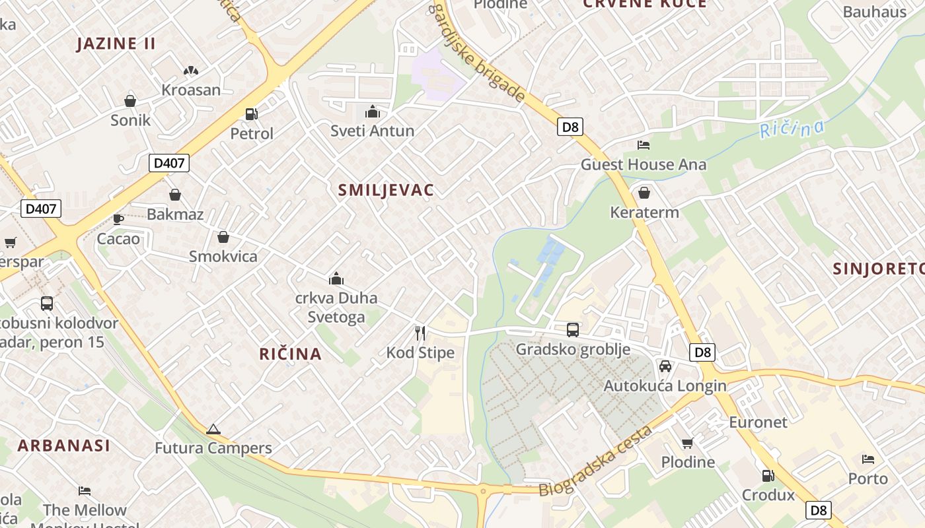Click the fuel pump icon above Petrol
pos(251,114)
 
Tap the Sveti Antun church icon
pos(373,111)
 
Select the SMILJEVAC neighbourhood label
pos(386,190)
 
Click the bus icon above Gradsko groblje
pos(573,330)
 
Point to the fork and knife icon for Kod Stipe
pos(420,333)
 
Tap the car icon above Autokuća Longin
pos(665,366)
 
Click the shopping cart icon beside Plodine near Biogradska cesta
pos(688,442)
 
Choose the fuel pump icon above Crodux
pos(768,475)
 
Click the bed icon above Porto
pos(868,459)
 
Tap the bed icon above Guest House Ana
pos(644,145)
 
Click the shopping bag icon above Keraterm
pos(644,193)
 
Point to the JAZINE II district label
pos(116,44)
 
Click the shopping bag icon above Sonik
pos(130,100)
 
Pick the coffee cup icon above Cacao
pos(118,218)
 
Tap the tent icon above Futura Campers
pos(213,429)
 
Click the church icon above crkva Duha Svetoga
pos(336,279)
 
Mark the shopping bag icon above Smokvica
pos(223,237)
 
